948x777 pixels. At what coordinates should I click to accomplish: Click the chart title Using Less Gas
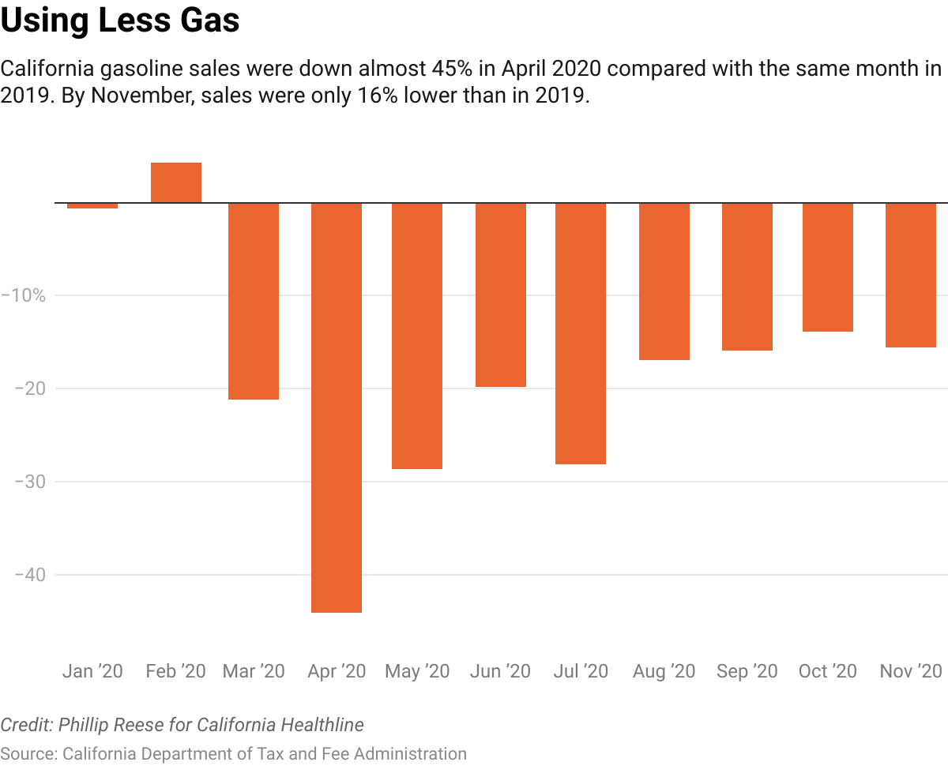pos(120,21)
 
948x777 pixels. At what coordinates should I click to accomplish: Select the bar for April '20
pos(337,407)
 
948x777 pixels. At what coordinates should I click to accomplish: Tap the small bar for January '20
pos(92,205)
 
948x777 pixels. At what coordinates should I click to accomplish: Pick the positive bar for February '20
pos(176,182)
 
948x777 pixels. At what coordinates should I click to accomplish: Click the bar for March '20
pos(254,301)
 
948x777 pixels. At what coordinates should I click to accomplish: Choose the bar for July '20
pos(581,333)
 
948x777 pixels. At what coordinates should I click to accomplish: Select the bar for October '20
pos(828,267)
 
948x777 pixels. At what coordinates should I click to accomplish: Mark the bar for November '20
pos(911,275)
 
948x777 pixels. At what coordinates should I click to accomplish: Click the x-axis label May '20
pos(417,672)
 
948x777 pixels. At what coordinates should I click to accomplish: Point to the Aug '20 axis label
pos(664,672)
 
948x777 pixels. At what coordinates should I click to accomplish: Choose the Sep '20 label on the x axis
pos(747,672)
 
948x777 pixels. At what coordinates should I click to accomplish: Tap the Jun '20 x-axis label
pos(500,672)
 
